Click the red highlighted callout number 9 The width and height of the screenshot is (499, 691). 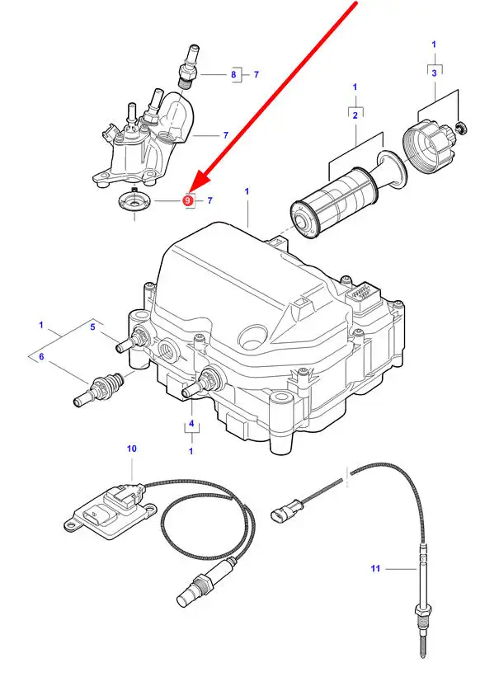pos(188,200)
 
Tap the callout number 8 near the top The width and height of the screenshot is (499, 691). pos(233,75)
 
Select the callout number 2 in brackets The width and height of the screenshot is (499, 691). pos(355,115)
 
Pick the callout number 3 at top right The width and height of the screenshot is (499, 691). pos(435,74)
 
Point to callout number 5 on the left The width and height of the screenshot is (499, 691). pos(92,327)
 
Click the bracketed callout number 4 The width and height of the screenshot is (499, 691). pos(191,425)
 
